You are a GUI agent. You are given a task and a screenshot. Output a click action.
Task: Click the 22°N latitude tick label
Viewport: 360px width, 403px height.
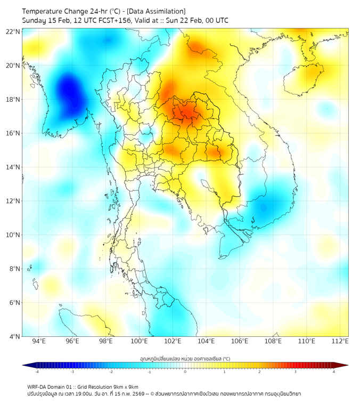coord(13,31)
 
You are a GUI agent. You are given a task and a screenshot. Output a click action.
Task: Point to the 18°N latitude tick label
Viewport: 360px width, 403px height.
coord(13,99)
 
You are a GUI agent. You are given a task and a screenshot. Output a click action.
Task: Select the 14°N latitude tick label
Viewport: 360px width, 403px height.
coord(13,167)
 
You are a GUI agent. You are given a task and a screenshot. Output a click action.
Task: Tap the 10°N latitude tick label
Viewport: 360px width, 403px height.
coord(13,235)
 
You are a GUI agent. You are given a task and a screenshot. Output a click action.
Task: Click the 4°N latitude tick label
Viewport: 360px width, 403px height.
coord(14,336)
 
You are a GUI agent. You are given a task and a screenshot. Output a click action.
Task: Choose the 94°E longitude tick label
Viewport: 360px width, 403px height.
coord(39,341)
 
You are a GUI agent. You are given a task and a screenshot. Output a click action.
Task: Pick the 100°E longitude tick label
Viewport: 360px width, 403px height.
coord(139,341)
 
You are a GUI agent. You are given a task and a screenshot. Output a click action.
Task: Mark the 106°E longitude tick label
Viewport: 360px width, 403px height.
coord(240,341)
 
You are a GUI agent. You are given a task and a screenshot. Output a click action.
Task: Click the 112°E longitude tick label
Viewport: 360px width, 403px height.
coord(340,341)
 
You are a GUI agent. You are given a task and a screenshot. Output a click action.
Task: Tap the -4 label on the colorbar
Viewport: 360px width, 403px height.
coord(36,372)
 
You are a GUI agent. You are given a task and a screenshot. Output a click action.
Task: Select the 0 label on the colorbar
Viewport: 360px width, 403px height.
coord(185,372)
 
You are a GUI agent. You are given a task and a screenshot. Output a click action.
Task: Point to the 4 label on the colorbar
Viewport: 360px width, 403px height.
coord(334,372)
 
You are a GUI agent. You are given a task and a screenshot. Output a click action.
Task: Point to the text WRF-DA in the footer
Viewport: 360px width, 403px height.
coord(38,386)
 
